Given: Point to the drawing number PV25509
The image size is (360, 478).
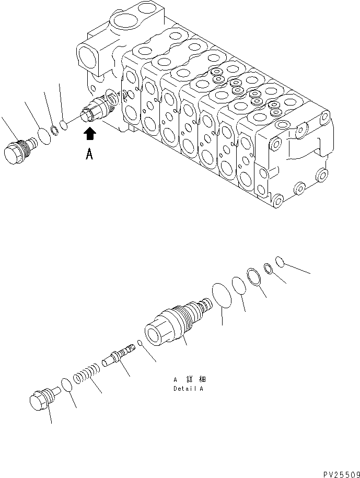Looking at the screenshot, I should click(x=340, y=473).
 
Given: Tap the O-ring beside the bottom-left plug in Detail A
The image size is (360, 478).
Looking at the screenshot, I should click(x=67, y=386).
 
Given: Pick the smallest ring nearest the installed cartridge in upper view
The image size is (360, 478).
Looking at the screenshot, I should click(x=64, y=125).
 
